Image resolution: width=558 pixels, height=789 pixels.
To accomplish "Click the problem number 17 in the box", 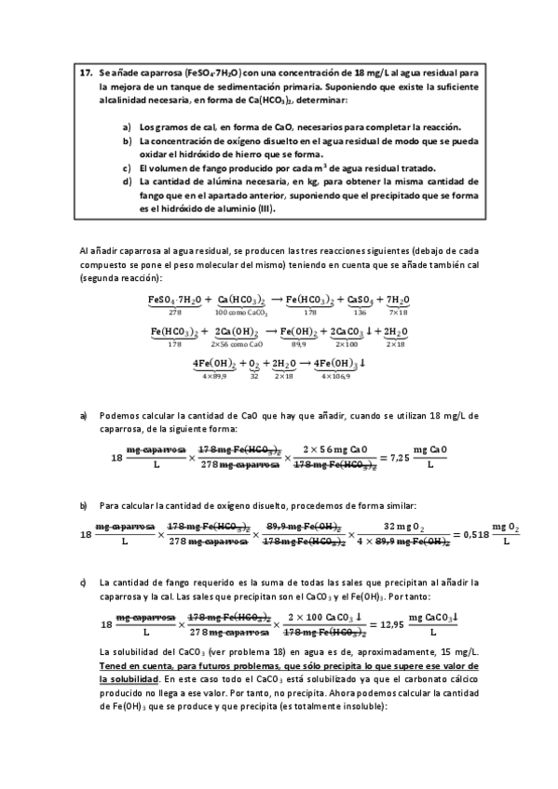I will pyautogui.click(x=85, y=72).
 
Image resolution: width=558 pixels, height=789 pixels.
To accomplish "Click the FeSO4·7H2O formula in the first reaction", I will pyautogui.click(x=174, y=300).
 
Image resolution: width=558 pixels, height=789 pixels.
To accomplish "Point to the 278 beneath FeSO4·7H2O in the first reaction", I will pyautogui.click(x=174, y=312).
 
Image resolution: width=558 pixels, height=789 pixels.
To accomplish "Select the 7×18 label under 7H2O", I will pyautogui.click(x=398, y=312).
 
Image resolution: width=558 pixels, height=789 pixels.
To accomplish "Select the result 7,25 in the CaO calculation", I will pyautogui.click(x=398, y=458).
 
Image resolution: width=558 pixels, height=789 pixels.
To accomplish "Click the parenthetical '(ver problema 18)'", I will pyautogui.click(x=202, y=653).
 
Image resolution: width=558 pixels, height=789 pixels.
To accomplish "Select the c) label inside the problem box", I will pyautogui.click(x=127, y=168).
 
